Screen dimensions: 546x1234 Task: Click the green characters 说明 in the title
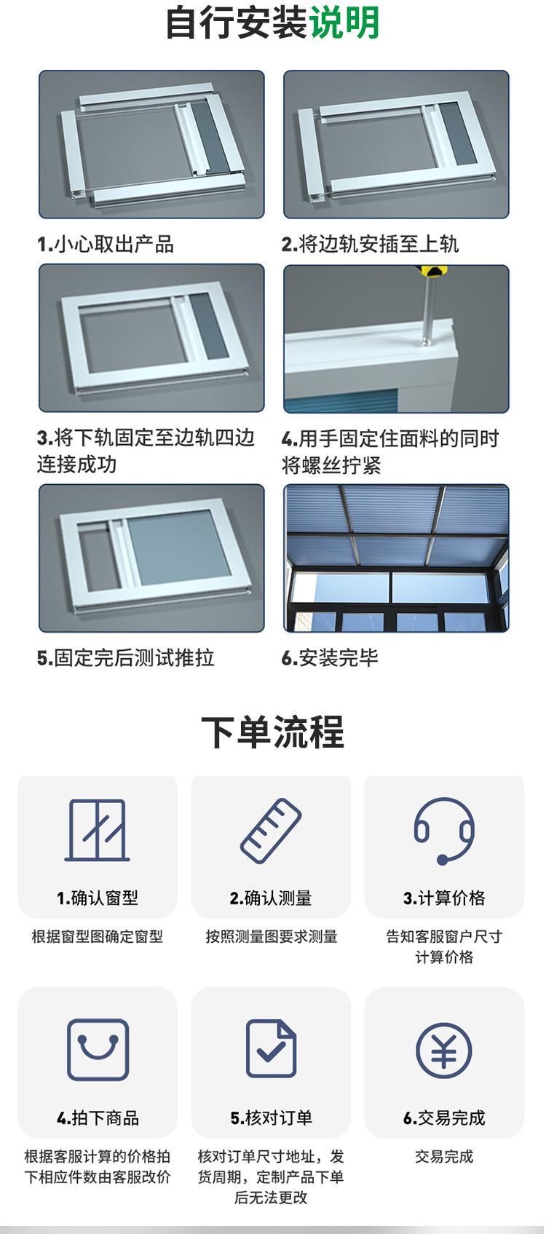(x=344, y=23)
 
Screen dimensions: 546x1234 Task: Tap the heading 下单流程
(x=273, y=732)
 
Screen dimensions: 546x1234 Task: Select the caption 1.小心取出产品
(x=106, y=244)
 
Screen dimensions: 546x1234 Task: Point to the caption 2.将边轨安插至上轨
(x=370, y=244)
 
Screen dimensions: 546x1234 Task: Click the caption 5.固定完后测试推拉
(x=126, y=657)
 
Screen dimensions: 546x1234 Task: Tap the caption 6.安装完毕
(x=330, y=657)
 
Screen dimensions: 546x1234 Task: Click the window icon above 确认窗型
(x=98, y=830)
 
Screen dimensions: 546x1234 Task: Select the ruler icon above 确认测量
(x=271, y=831)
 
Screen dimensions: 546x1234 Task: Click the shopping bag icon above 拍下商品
(x=98, y=1050)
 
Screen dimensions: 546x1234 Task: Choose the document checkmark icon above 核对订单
(x=271, y=1049)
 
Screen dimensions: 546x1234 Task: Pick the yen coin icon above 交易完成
(x=444, y=1051)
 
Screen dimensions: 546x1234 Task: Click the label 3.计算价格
(x=444, y=898)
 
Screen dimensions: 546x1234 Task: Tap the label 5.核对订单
(x=271, y=1118)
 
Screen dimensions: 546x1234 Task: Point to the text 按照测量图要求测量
(x=271, y=936)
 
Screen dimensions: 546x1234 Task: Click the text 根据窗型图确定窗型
(x=98, y=936)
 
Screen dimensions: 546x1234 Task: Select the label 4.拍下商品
(x=98, y=1118)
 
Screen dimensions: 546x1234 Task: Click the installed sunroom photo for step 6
(x=396, y=558)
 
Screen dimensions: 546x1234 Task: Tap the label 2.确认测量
(x=271, y=898)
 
